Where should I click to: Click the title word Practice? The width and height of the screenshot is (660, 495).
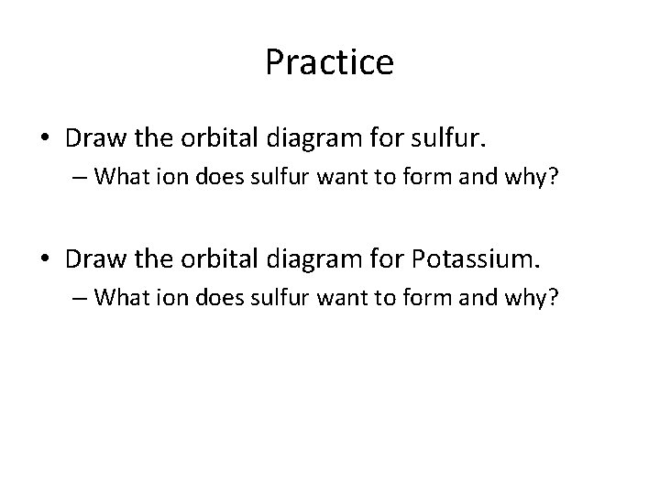click(330, 62)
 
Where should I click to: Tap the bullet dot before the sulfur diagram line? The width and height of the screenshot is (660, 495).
click(45, 137)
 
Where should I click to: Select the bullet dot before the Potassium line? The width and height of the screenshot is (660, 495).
click(45, 258)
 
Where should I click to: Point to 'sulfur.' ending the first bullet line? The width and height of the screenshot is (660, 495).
click(448, 137)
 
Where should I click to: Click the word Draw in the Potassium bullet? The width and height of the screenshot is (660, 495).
click(96, 258)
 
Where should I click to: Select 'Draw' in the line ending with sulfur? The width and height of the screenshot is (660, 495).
click(96, 137)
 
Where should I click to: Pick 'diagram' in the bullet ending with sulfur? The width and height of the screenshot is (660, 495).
click(314, 139)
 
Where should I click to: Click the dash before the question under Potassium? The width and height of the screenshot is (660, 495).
click(80, 298)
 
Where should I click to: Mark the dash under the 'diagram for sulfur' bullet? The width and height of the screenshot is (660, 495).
click(80, 177)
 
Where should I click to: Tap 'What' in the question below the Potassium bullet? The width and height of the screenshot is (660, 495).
click(122, 297)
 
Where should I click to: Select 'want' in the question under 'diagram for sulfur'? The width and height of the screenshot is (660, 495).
click(343, 177)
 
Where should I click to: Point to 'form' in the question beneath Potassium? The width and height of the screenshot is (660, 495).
click(427, 297)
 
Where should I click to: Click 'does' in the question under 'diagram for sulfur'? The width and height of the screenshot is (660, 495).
click(220, 176)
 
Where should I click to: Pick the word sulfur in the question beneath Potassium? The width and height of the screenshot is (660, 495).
click(280, 297)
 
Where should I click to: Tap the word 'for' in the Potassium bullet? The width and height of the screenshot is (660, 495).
click(387, 258)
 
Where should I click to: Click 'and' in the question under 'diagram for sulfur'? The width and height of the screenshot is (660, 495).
click(478, 176)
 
